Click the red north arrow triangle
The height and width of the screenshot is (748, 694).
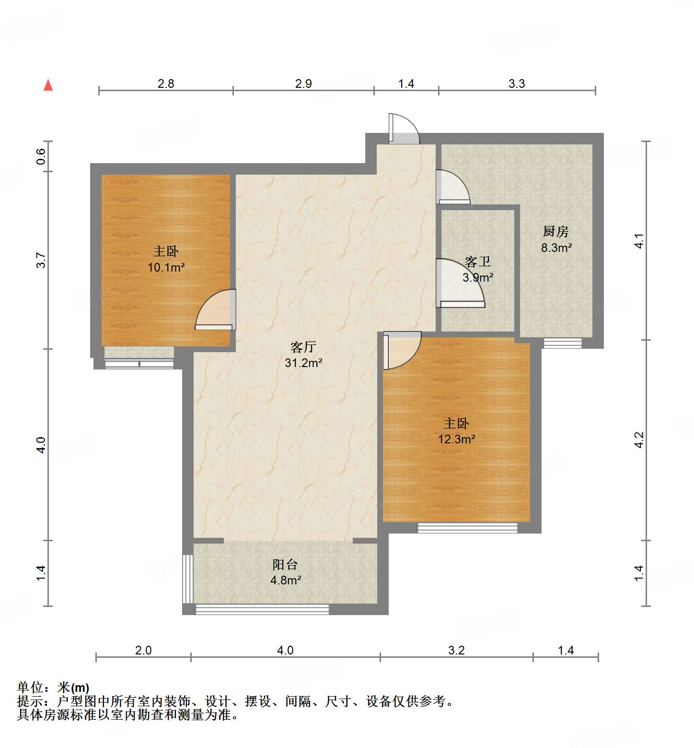point(48,85)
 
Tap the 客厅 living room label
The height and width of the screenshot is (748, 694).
point(303,347)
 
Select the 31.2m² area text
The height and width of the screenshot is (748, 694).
point(303,363)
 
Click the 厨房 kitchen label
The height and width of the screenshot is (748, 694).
point(556,232)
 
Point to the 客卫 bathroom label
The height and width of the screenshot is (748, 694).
point(478,262)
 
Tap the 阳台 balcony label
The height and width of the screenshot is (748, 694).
point(285,565)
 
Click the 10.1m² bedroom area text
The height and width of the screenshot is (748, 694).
point(166,268)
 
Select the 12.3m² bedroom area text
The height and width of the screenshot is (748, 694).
point(456,439)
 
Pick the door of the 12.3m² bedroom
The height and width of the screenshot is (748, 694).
point(401,350)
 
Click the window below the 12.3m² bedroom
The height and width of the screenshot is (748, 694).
point(467,528)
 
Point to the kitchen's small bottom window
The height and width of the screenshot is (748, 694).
point(562,343)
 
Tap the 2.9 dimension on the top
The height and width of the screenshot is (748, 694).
point(303,84)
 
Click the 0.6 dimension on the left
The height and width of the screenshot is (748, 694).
point(42,156)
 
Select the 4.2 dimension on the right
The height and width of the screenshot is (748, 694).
point(639,440)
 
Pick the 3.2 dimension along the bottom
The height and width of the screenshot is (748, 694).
point(456,651)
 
